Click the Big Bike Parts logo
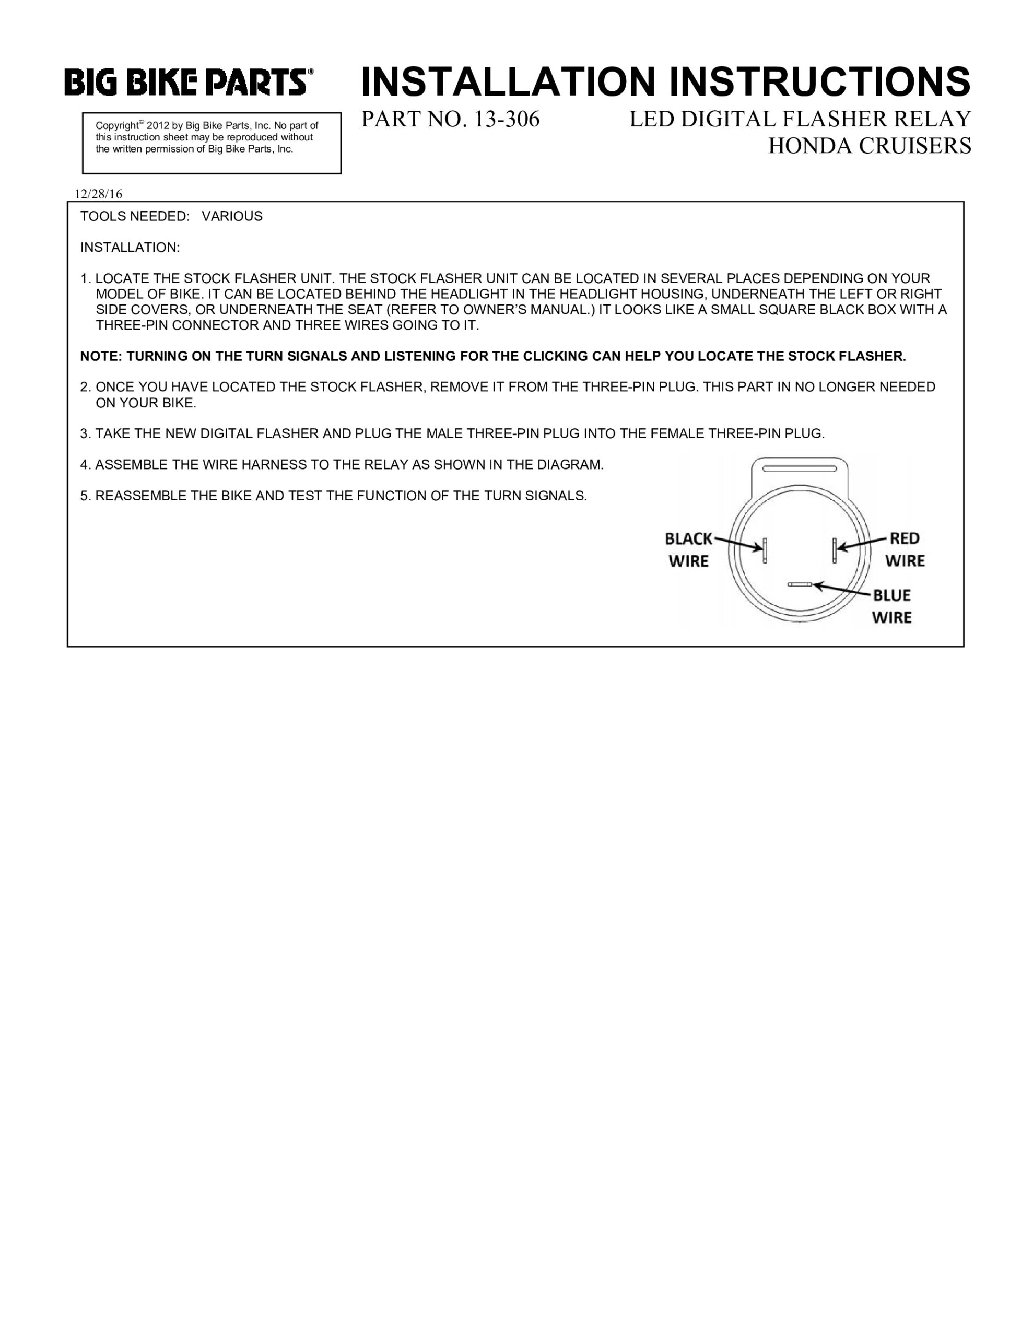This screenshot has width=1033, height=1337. (189, 82)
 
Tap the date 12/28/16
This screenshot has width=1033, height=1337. (98, 194)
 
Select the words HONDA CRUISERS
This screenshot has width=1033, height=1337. (869, 146)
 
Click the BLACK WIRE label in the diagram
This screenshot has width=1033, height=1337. (688, 550)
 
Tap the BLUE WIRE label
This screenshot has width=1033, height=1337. (891, 606)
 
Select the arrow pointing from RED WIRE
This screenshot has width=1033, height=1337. (862, 543)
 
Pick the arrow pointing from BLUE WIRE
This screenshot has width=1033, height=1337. (841, 590)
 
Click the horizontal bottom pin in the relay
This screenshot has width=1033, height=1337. (800, 584)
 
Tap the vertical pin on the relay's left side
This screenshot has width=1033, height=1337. (764, 550)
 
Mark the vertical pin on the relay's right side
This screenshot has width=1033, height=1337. (835, 550)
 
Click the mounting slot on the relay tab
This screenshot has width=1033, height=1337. (799, 468)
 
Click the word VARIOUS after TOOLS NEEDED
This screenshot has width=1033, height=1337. (232, 216)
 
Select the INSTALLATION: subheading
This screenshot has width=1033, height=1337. (130, 248)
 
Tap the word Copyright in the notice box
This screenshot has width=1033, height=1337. (117, 125)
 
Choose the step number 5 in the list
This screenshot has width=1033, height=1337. (85, 496)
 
